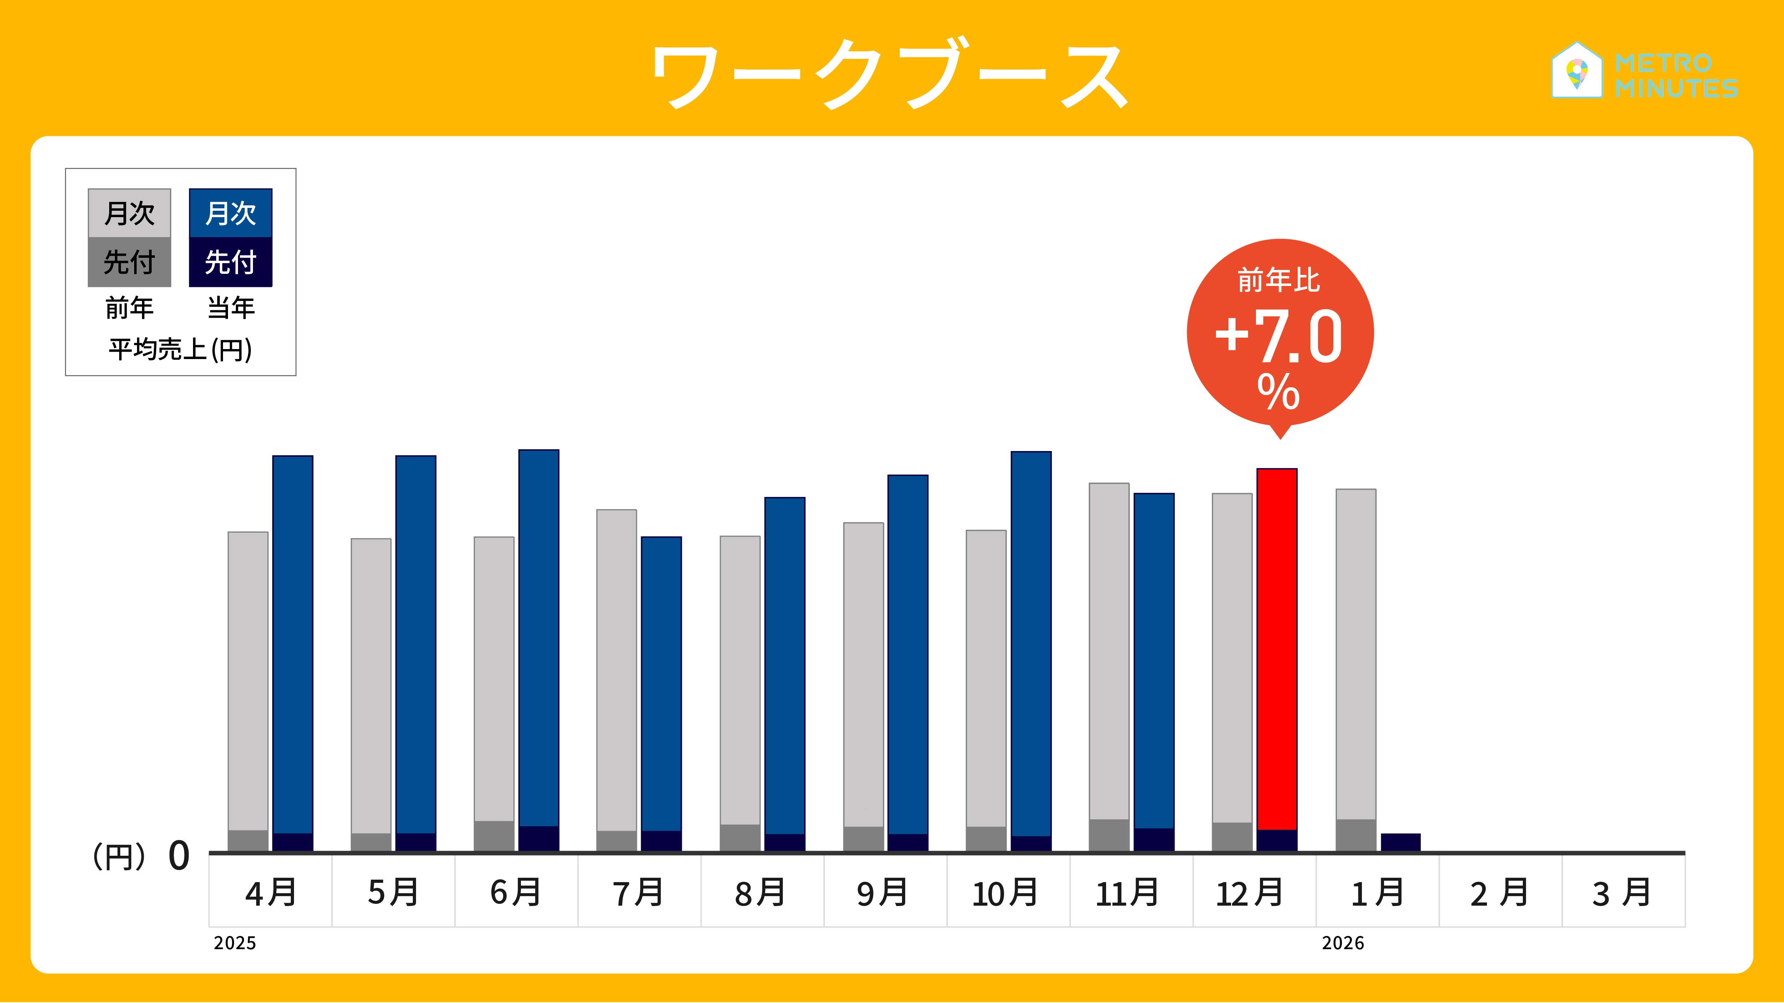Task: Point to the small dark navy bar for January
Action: pyautogui.click(x=1400, y=842)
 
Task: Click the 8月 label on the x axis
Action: pyautogui.click(x=760, y=892)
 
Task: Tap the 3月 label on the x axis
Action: pyautogui.click(x=1622, y=892)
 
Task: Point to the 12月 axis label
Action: pyautogui.click(x=1250, y=892)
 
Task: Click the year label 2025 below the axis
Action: pyautogui.click(x=235, y=943)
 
